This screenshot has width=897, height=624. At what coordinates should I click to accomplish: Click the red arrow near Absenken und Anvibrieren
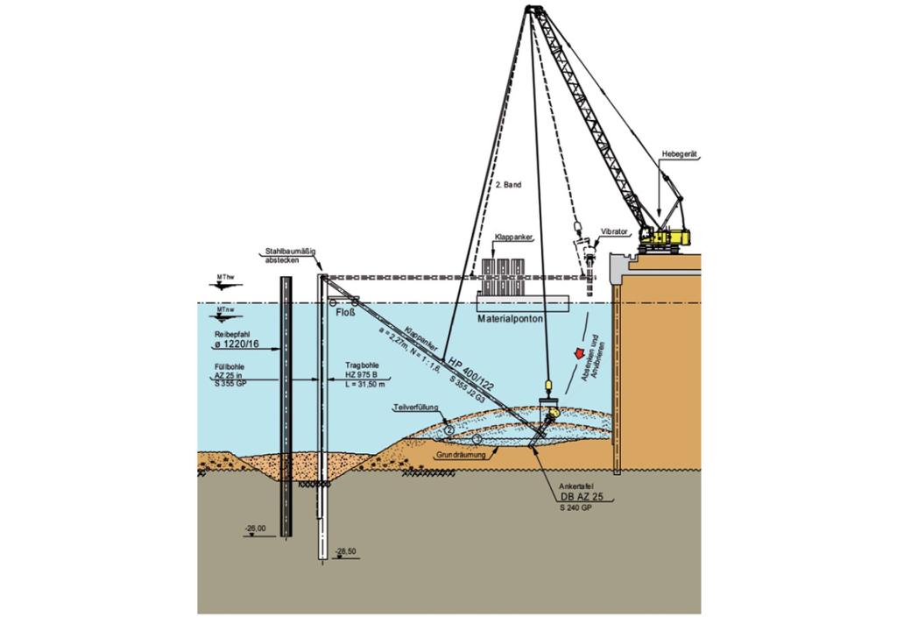click(x=577, y=353)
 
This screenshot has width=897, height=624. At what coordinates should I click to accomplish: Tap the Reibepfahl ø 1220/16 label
click(x=237, y=341)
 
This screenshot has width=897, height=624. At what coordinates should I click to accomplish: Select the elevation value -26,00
click(x=256, y=528)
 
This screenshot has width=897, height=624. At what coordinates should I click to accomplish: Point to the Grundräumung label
click(x=462, y=457)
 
